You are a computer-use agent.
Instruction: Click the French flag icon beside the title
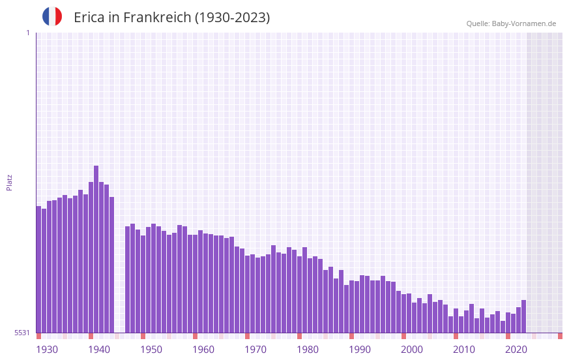(x=52, y=16)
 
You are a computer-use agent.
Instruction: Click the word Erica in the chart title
(x=89, y=18)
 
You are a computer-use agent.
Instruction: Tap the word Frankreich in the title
(x=156, y=18)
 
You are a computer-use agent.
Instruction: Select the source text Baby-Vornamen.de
(x=523, y=23)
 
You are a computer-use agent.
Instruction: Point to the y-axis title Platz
(x=9, y=182)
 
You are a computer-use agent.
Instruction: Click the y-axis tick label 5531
(x=22, y=333)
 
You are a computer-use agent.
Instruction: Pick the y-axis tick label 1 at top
(x=27, y=33)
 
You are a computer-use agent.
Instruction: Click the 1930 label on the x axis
(x=47, y=350)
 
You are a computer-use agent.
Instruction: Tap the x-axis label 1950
(x=151, y=350)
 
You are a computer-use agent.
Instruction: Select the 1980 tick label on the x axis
(x=308, y=350)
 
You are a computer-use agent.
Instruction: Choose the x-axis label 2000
(x=412, y=350)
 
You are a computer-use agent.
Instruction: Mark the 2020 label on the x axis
(x=516, y=350)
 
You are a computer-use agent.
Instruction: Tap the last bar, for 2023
(x=523, y=316)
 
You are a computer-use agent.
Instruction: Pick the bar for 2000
(x=403, y=314)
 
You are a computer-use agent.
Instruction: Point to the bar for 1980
(x=299, y=294)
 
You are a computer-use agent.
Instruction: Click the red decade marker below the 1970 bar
(x=247, y=336)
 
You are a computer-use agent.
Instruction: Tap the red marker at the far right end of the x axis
(x=560, y=336)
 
